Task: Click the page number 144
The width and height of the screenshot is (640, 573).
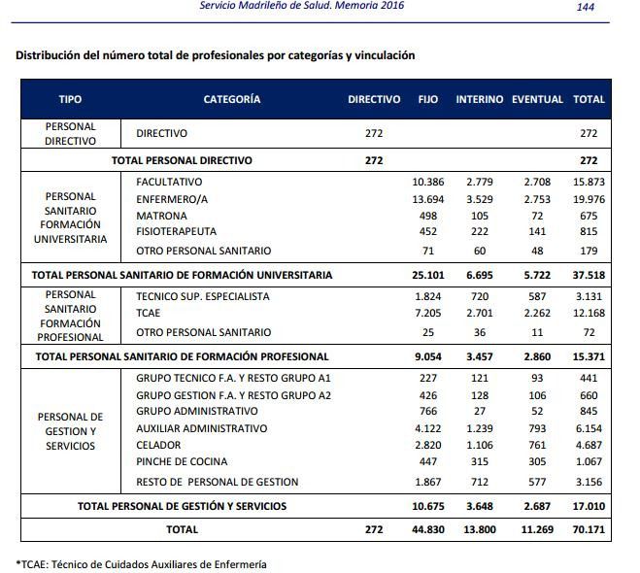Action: [x=586, y=7]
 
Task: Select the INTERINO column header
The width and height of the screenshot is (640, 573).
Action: [x=479, y=99]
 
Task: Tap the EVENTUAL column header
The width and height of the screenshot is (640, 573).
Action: [x=537, y=99]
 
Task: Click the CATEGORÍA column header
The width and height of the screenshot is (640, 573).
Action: [x=232, y=99]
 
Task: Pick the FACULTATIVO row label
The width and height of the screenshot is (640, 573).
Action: [x=169, y=182]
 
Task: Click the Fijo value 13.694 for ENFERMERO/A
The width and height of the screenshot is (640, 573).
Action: [x=427, y=199]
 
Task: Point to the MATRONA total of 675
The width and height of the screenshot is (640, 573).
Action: [x=589, y=216]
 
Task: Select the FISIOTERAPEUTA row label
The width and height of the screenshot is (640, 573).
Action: [x=177, y=231]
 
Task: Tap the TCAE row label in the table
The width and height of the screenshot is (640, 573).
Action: [x=149, y=313]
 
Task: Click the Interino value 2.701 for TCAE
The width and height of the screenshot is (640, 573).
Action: [x=480, y=313]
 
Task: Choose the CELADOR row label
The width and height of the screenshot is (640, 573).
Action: [x=158, y=445]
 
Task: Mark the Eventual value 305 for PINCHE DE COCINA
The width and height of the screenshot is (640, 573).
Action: [x=537, y=461]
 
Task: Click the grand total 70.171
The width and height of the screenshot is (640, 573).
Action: [x=589, y=529]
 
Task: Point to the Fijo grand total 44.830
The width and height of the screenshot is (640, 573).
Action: [x=428, y=529]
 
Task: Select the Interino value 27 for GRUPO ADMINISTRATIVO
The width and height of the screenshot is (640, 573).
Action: [x=480, y=411]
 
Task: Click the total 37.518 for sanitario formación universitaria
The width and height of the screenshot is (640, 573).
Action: [x=589, y=275]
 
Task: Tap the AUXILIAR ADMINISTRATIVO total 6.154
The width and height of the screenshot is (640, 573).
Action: [x=589, y=428]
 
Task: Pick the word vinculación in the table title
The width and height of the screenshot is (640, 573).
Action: [x=385, y=55]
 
